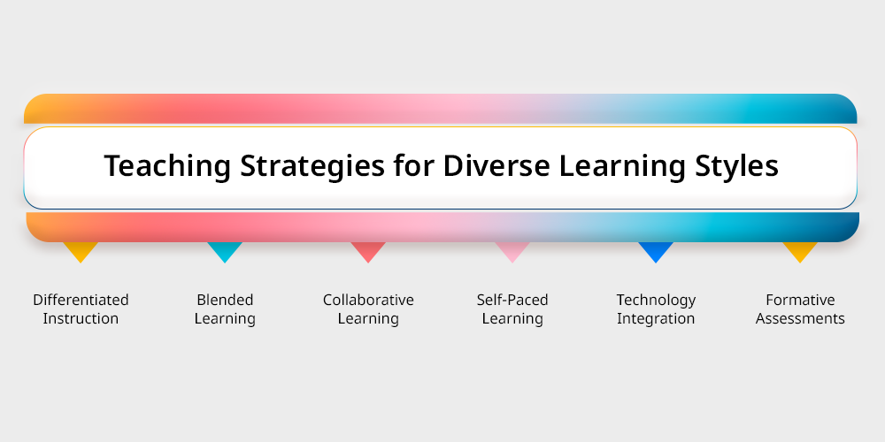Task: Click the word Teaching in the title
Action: point(167,166)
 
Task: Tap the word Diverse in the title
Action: point(496,166)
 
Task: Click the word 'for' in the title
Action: point(413,165)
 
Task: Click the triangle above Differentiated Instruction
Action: point(81,252)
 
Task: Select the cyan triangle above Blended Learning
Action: point(225,252)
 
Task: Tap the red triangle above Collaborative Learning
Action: point(368,252)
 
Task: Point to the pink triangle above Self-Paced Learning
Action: point(512,252)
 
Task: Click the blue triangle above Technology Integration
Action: point(656,252)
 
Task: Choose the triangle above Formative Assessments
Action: point(800,252)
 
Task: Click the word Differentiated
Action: point(81,300)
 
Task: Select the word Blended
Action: point(225,300)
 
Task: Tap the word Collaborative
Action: point(368,300)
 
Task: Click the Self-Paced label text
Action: point(512,300)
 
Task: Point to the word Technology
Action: point(656,301)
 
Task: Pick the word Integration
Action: point(656,319)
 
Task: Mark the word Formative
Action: point(800,300)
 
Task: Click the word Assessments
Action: point(800,318)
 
